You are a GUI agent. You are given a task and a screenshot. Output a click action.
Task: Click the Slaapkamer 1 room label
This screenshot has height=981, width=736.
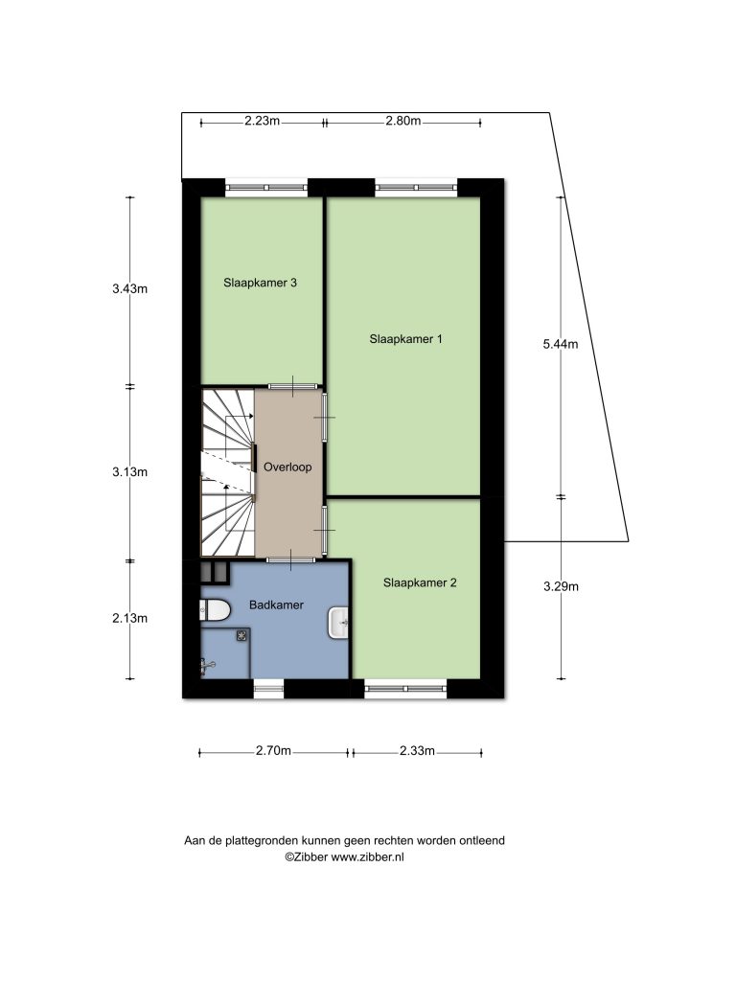pyautogui.click(x=405, y=339)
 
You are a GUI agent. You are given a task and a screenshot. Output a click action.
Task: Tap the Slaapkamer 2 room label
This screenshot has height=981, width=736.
pyautogui.click(x=420, y=583)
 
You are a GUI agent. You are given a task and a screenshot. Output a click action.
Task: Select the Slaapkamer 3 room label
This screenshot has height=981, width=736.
pyautogui.click(x=260, y=283)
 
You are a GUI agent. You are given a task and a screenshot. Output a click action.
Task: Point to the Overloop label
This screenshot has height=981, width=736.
pyautogui.click(x=287, y=468)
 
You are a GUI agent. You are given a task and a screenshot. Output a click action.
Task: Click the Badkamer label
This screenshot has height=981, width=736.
pyautogui.click(x=276, y=605)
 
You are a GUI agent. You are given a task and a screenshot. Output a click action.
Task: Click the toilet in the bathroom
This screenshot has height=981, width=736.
pyautogui.click(x=216, y=610)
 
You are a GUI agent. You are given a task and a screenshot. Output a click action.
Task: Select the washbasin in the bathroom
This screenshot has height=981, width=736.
pyautogui.click(x=338, y=623)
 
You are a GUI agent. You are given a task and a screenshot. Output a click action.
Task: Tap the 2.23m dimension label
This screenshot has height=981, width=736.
pyautogui.click(x=263, y=121)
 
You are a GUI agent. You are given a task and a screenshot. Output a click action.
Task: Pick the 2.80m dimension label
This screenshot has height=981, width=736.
pyautogui.click(x=403, y=121)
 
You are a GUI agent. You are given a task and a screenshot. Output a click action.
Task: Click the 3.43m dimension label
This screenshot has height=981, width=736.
pyautogui.click(x=130, y=289)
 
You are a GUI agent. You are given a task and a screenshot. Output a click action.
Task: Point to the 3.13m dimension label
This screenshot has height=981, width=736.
pyautogui.click(x=130, y=472)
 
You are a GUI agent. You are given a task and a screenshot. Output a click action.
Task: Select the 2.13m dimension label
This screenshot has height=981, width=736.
pyautogui.click(x=130, y=618)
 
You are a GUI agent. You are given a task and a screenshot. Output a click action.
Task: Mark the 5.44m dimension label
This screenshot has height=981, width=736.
pyautogui.click(x=561, y=344)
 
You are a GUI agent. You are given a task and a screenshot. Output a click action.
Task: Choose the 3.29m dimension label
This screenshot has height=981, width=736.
pyautogui.click(x=561, y=587)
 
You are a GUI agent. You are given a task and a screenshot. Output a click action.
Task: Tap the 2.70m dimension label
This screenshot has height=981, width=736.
pyautogui.click(x=273, y=751)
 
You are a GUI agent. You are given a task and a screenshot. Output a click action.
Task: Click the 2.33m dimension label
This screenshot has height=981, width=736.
pyautogui.click(x=417, y=751)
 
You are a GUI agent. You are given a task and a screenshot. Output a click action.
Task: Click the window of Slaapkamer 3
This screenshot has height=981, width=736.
pyautogui.click(x=266, y=187)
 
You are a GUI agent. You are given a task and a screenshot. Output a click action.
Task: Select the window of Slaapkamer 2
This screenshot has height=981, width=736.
pyautogui.click(x=406, y=689)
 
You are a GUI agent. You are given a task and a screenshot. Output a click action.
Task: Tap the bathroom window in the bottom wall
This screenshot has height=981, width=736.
pyautogui.click(x=268, y=689)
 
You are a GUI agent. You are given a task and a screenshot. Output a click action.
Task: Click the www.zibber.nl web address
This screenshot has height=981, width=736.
pyautogui.click(x=367, y=857)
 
